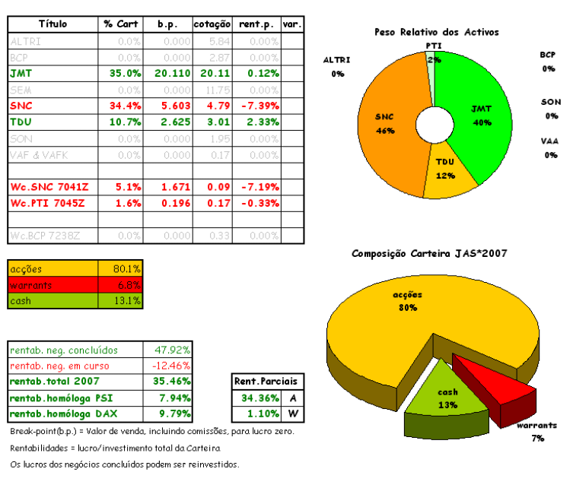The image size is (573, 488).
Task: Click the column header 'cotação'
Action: [211, 24]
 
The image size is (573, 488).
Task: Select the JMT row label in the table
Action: [21, 74]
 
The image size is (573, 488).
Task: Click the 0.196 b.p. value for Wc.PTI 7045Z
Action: [175, 203]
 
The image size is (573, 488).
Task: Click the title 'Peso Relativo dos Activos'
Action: [436, 32]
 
